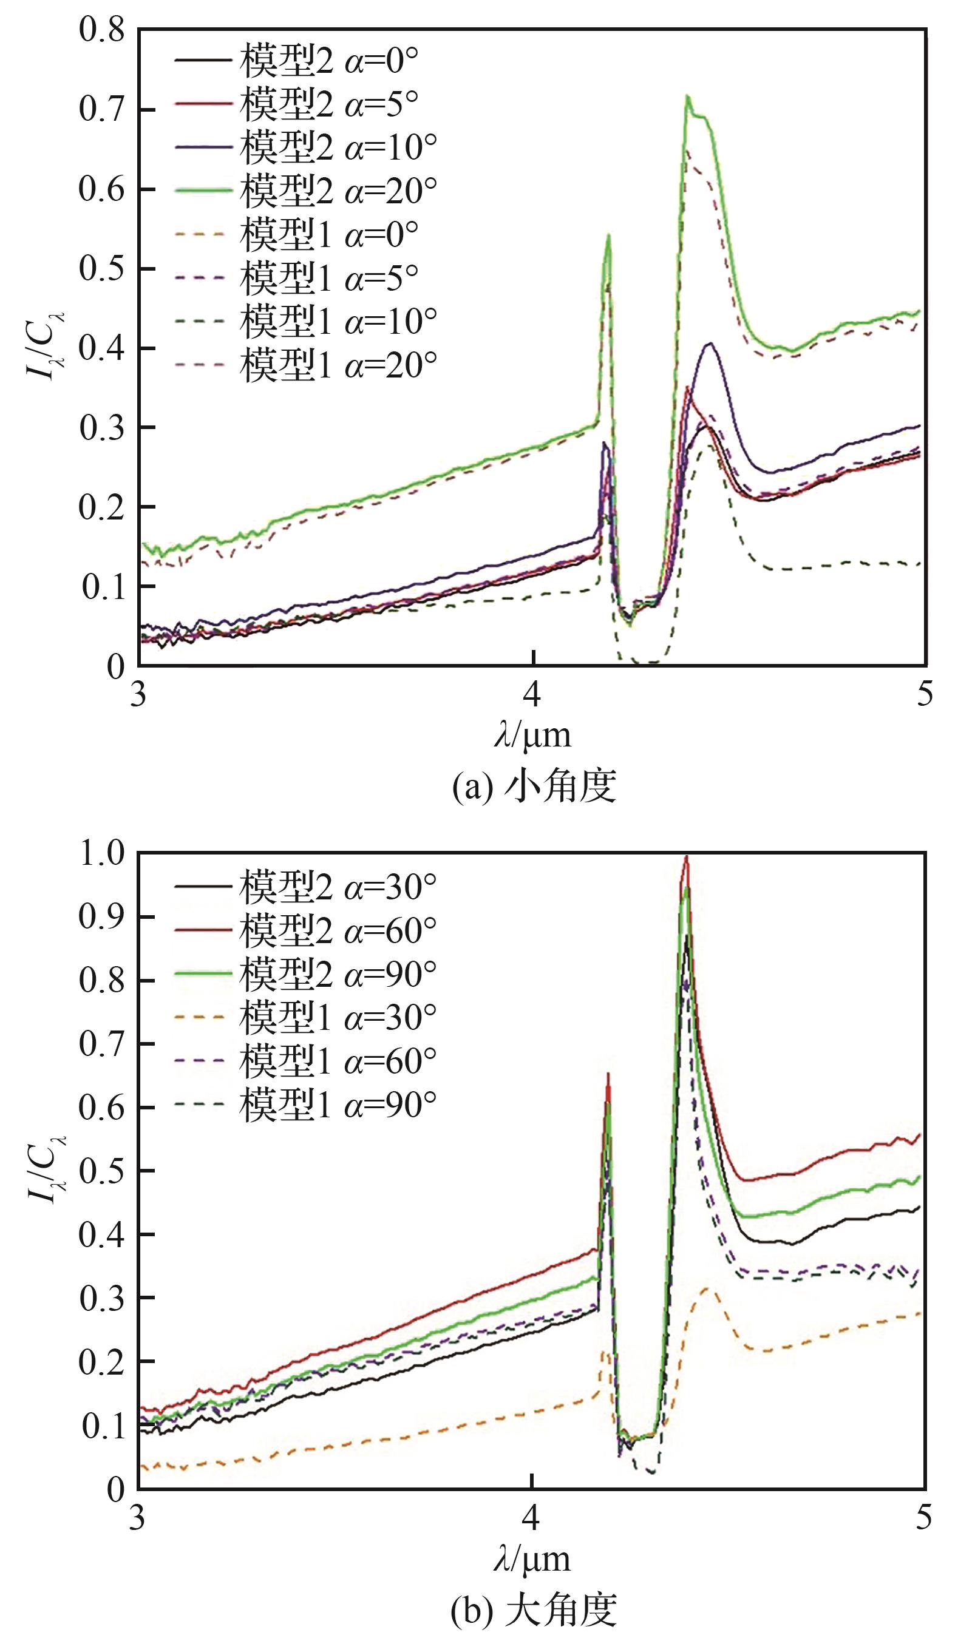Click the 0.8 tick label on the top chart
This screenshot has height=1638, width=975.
point(101,31)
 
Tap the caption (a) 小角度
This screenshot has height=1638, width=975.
point(534,787)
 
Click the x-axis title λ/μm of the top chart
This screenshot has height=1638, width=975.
point(532,736)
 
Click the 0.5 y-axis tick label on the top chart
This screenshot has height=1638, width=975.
point(101,270)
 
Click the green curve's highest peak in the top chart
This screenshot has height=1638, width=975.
point(687,96)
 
